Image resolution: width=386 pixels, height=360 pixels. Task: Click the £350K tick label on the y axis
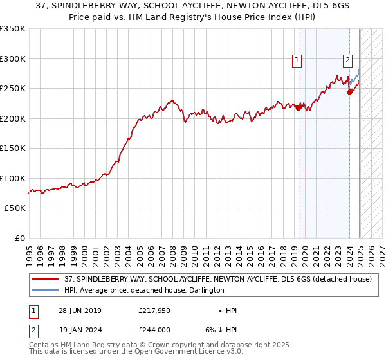(13, 29)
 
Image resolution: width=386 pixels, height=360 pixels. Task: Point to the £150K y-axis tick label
(13, 148)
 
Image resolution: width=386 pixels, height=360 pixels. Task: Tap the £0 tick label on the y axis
(19, 238)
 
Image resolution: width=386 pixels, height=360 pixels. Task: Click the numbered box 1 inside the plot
(297, 60)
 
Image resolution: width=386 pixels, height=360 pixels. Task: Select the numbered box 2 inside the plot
(347, 60)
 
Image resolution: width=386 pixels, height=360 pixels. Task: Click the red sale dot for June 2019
(299, 108)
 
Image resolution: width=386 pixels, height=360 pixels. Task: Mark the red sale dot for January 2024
(349, 92)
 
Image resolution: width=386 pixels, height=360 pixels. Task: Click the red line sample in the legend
(45, 280)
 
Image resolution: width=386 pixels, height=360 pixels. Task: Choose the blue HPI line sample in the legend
(45, 290)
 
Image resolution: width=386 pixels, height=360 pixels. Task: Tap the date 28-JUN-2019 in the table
(80, 310)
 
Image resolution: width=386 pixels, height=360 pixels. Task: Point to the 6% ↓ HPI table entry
(221, 330)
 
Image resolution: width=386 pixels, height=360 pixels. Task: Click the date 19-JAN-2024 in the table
(80, 330)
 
